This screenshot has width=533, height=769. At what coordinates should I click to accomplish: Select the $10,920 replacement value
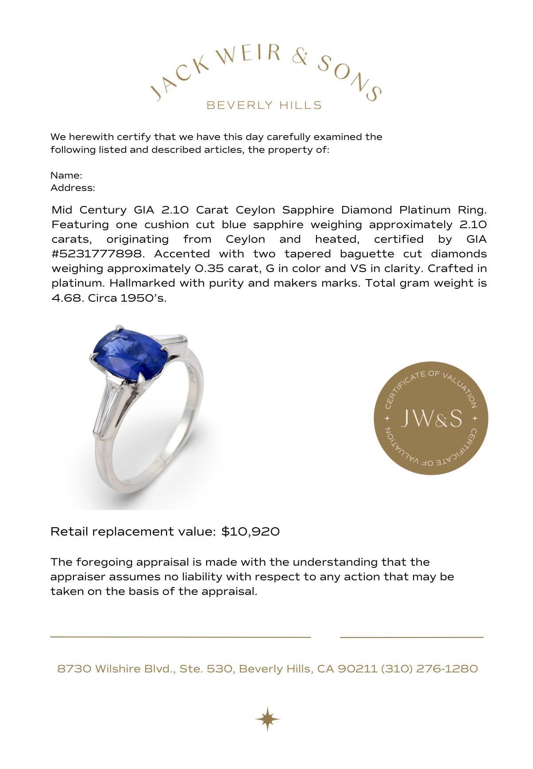251,532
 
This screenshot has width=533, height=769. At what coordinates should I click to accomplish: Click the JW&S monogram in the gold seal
431,418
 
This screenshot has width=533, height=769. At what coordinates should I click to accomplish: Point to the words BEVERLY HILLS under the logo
264,105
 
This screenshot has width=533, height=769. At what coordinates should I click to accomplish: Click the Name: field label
66,175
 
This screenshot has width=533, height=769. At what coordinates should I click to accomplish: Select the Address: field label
73,188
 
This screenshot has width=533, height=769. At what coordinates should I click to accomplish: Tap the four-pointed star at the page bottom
267,719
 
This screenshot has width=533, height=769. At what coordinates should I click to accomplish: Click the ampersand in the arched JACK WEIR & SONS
301,58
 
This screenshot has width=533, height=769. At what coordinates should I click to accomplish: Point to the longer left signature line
180,637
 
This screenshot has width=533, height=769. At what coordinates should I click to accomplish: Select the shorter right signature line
411,637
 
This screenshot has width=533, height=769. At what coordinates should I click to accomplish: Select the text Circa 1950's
127,298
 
